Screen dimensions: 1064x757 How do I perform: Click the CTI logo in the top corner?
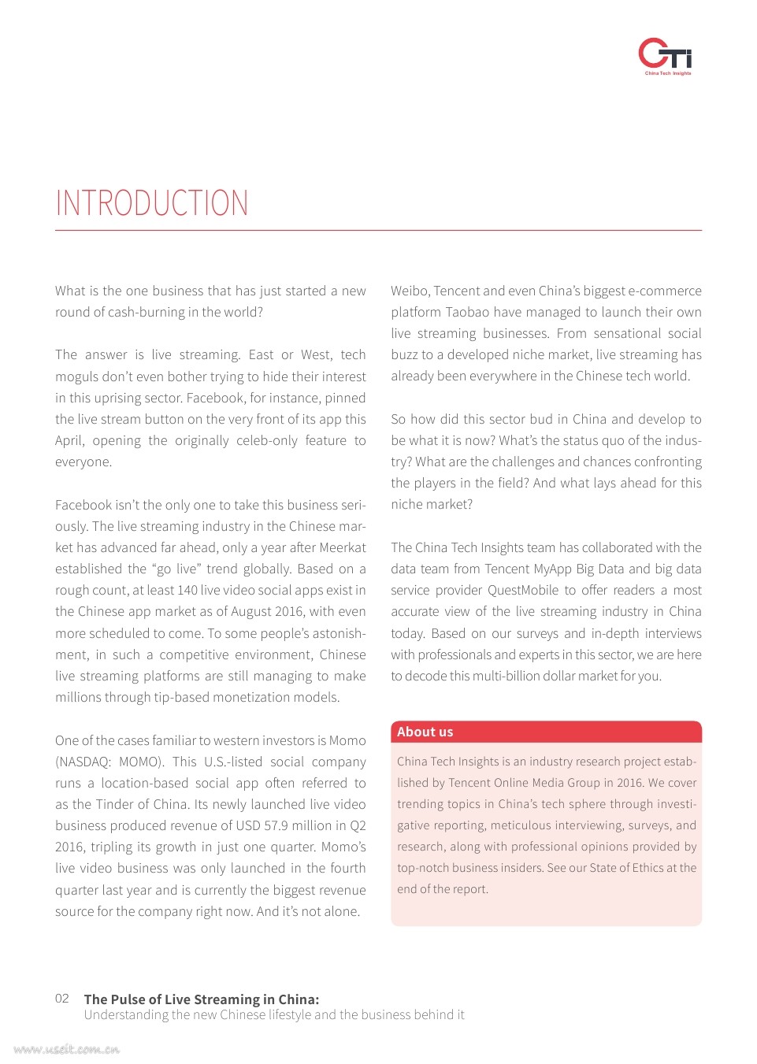click(665, 55)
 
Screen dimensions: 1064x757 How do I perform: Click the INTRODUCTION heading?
click(152, 203)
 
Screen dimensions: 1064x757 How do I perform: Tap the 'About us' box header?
click(425, 732)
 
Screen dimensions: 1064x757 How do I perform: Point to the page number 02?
click(62, 999)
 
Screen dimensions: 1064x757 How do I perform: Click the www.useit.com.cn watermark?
click(66, 1049)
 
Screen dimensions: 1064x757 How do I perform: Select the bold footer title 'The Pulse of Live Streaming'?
click(202, 999)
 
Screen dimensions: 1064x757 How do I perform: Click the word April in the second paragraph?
click(69, 440)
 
